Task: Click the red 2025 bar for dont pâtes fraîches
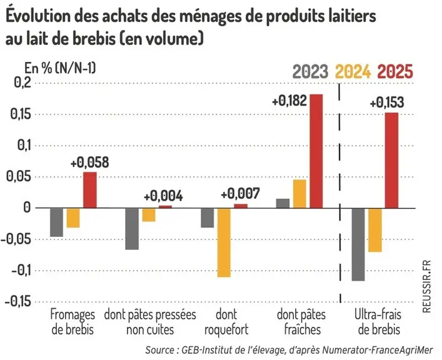pos(316,151)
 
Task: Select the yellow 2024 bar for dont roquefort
pos(224,242)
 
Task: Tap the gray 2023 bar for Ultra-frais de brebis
pos(358,244)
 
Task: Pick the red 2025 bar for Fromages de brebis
pos(90,190)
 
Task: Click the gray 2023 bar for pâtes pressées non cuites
pos(132,229)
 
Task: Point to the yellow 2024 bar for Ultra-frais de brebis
pos(375,230)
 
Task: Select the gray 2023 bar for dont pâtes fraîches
pos(283,204)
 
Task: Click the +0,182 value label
pos(289,101)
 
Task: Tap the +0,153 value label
pos(387,102)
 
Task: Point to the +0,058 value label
pos(89,162)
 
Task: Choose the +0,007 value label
pos(240,194)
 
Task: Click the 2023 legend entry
pos(310,71)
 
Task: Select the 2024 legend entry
pos(353,71)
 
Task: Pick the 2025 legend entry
pos(395,71)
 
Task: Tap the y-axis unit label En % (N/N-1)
pos(60,68)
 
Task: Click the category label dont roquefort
pos(226,322)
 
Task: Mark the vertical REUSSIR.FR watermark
pos(427,286)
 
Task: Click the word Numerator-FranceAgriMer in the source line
pos(377,350)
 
